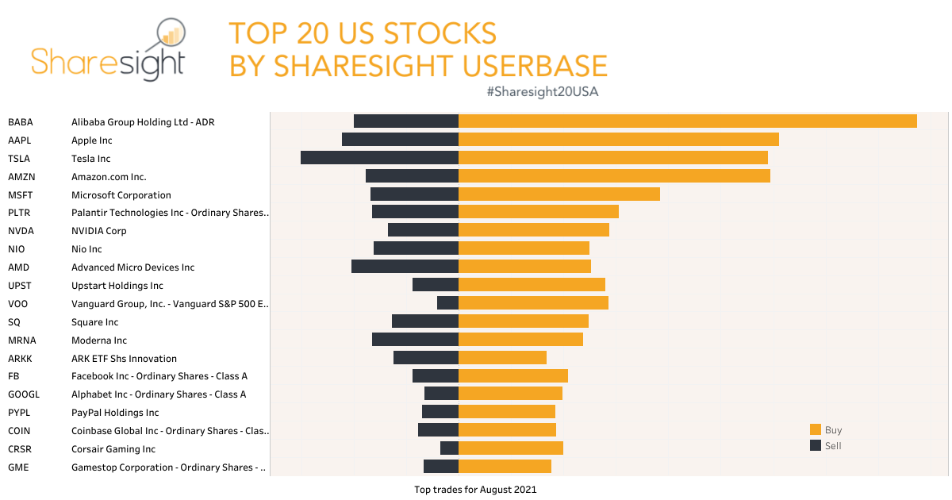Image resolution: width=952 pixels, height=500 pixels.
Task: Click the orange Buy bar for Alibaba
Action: (687, 121)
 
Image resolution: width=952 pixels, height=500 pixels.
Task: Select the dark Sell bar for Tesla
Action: (379, 158)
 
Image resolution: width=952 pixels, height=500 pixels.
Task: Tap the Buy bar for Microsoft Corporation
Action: (559, 194)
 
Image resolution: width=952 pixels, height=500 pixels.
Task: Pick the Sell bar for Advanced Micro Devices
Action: (405, 267)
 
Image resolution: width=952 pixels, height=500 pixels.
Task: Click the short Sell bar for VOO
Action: (447, 302)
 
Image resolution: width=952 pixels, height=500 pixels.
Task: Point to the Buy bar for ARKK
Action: (502, 357)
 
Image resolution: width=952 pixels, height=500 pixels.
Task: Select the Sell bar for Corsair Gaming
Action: (449, 448)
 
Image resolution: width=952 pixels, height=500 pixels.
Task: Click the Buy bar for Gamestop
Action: (505, 466)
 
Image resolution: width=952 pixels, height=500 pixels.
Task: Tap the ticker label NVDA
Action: (21, 231)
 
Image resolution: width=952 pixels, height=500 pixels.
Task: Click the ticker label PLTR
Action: (20, 213)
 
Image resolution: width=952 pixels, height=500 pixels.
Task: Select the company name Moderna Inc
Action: (99, 340)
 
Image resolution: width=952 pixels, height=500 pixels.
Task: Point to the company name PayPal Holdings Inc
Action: (115, 413)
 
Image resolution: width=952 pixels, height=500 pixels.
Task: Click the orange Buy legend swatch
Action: (815, 429)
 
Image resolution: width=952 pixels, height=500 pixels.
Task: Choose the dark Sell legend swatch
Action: (815, 445)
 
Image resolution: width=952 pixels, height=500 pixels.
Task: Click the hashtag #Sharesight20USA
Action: (543, 92)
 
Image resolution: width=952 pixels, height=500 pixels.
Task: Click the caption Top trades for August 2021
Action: (475, 490)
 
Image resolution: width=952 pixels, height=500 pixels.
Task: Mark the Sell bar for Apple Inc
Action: (400, 139)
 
